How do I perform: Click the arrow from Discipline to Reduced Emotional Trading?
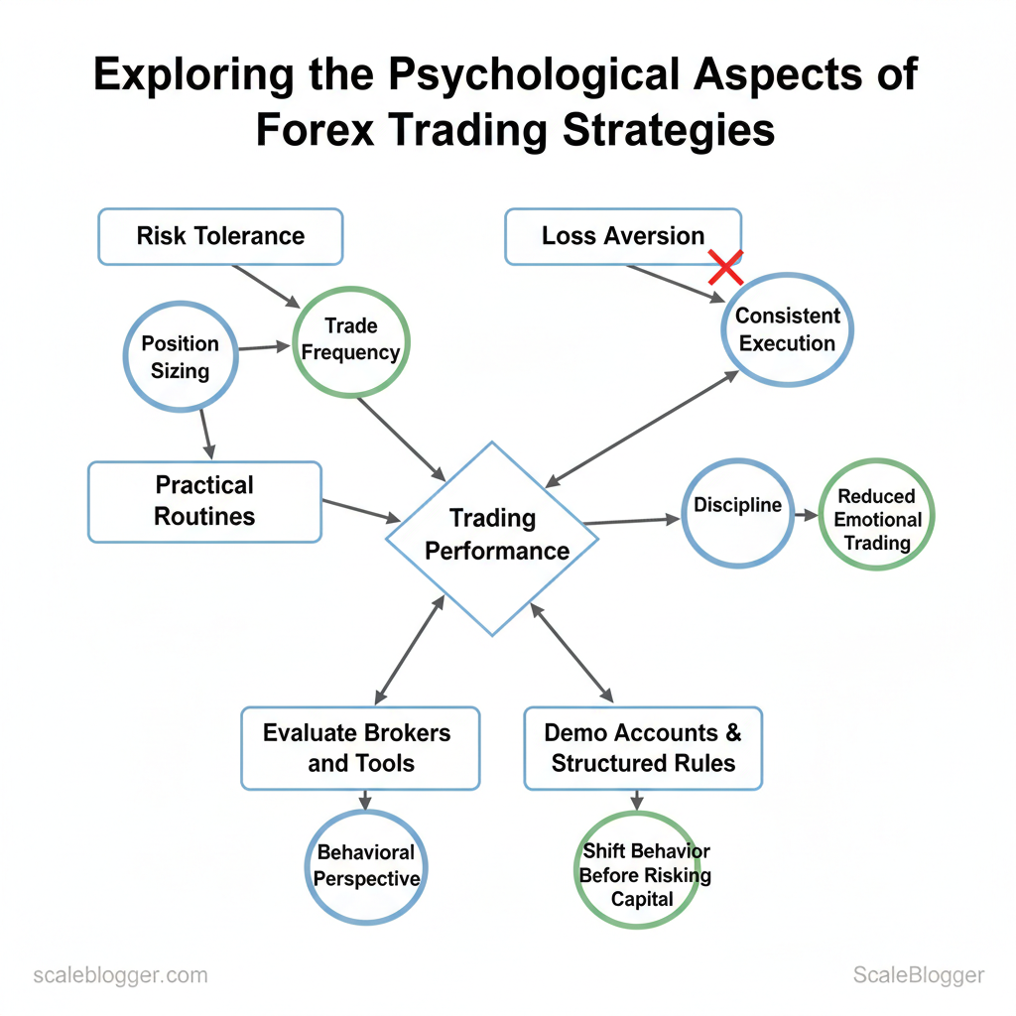point(806,515)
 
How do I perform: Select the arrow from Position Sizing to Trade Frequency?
point(264,347)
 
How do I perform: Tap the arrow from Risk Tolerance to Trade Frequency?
point(266,286)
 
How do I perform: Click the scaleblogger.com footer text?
point(120,975)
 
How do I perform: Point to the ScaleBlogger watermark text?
point(918,975)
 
